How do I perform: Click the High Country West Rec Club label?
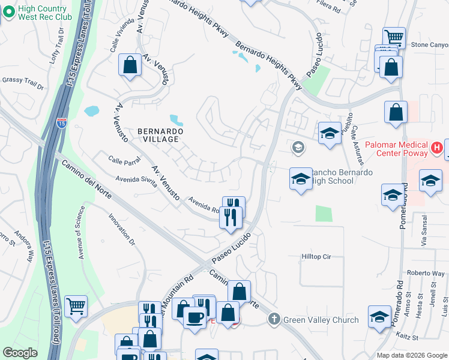45,12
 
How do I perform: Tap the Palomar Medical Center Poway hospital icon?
436,146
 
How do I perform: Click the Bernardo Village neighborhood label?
158,134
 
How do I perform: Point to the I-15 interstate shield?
61,123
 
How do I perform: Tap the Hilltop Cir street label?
316,256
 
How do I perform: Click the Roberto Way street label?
425,272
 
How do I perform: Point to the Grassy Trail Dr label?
23,83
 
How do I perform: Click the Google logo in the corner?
20,353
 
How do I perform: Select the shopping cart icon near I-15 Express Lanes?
76,306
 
